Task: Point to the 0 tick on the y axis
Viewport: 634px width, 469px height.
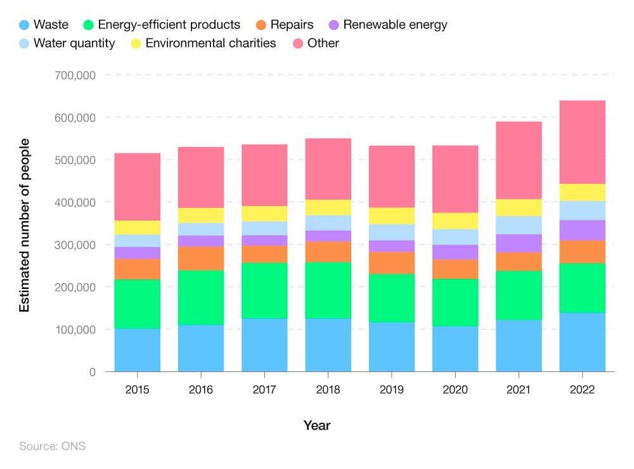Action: point(92,372)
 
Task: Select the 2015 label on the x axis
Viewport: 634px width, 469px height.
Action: point(138,389)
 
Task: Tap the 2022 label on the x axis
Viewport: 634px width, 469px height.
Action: point(582,389)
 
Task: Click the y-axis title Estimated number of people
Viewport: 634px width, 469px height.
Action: point(25,225)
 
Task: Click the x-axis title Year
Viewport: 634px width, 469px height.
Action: point(316,425)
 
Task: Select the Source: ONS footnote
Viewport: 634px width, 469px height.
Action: point(52,446)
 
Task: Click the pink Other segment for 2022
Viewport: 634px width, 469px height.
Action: point(582,142)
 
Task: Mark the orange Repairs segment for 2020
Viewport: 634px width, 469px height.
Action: point(455,269)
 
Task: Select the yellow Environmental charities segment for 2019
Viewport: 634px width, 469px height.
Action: point(392,215)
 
